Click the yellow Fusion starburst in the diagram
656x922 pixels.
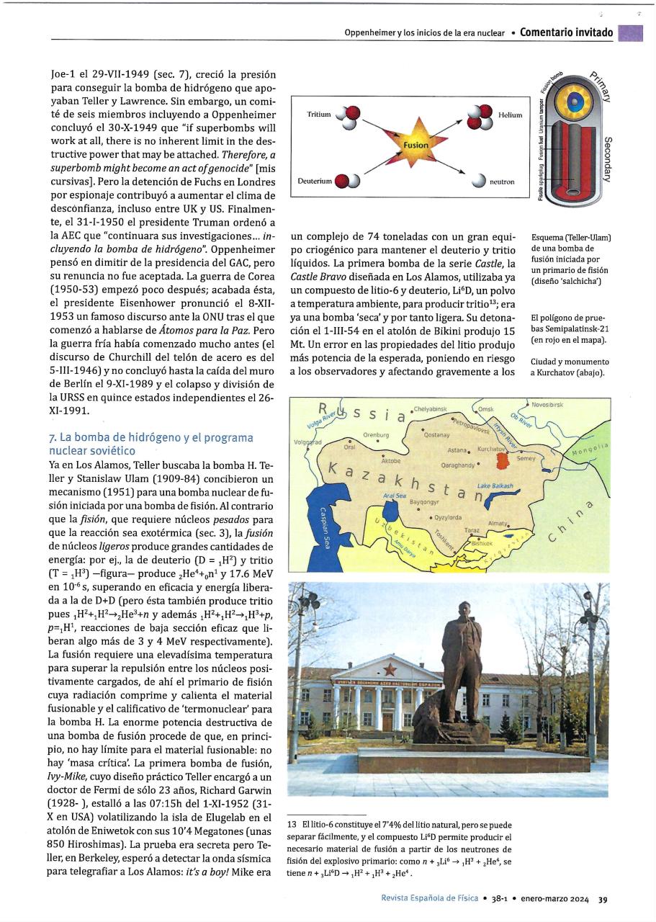pos(415,145)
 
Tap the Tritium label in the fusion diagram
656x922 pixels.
pos(319,115)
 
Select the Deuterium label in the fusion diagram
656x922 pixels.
pos(314,181)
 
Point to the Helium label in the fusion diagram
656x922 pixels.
pos(510,115)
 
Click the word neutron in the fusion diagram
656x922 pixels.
pos(502,182)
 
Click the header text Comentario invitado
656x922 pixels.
pos(566,32)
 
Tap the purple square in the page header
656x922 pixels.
pos(631,33)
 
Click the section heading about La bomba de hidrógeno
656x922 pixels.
pos(150,444)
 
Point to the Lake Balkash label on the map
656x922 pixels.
pos(495,486)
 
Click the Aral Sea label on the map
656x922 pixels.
pos(394,496)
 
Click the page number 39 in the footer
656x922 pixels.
pos(603,898)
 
